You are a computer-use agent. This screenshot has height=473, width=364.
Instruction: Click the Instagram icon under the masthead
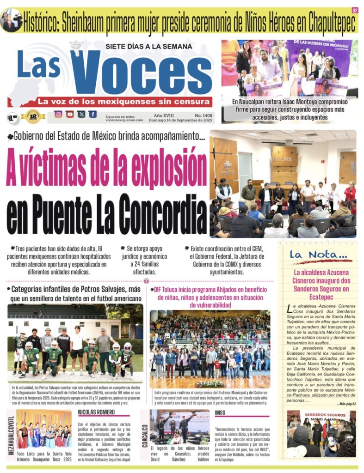tap(58, 114)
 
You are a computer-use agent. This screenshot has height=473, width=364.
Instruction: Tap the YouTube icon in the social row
tap(70, 114)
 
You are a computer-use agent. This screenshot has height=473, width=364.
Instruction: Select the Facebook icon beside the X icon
tap(93, 114)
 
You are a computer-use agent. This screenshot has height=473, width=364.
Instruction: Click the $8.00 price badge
tap(12, 117)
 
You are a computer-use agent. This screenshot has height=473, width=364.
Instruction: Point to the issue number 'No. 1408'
tap(203, 115)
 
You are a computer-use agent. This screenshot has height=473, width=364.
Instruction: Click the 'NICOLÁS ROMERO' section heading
tap(97, 412)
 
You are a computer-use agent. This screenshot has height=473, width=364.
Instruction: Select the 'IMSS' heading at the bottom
tap(220, 412)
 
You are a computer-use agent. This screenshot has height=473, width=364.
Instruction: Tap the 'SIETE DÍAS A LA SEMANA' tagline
tap(148, 46)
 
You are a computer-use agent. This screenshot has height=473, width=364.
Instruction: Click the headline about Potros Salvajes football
tap(75, 294)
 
